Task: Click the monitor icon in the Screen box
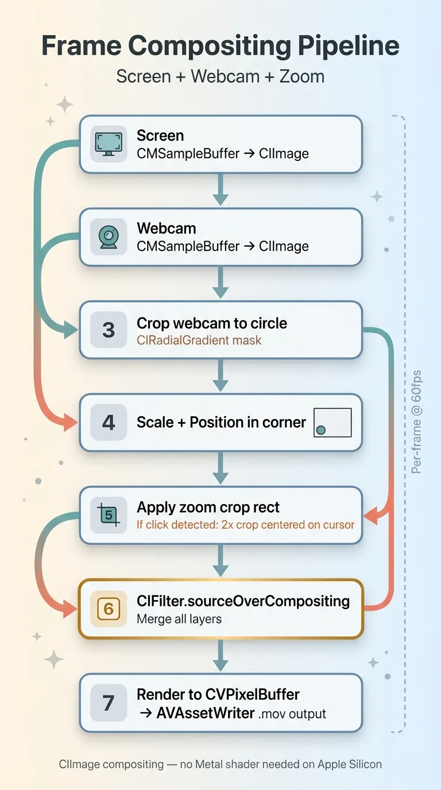[109, 144]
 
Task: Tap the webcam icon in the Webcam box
[109, 237]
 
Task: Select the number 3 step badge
[109, 330]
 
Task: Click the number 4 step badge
[109, 423]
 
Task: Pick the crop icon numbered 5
[109, 515]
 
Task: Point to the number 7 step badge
[109, 703]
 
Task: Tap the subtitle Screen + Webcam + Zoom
[220, 76]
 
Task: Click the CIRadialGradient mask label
[199, 340]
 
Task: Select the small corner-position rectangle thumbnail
[332, 423]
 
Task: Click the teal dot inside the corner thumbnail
[321, 429]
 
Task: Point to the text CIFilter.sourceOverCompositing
[243, 601]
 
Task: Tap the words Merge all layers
[179, 619]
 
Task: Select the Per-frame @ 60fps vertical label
[417, 422]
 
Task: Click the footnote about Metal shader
[220, 764]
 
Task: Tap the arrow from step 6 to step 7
[220, 656]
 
